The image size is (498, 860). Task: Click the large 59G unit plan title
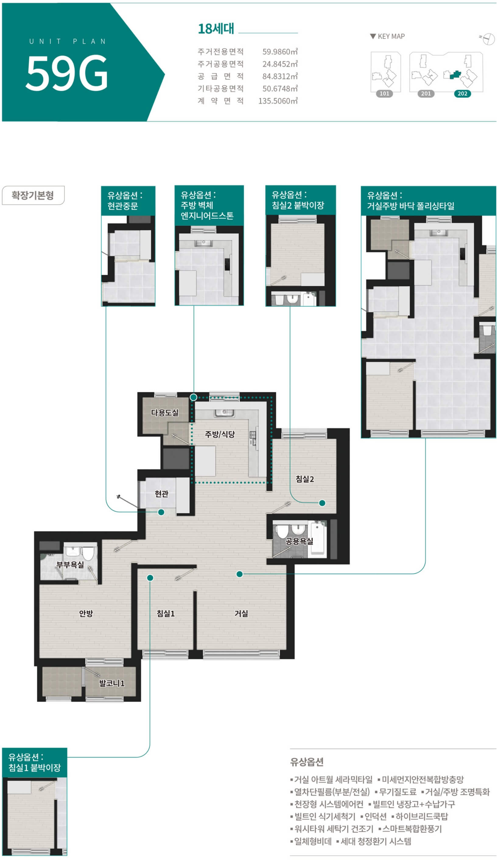[x=67, y=73]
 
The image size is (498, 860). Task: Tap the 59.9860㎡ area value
[x=280, y=51]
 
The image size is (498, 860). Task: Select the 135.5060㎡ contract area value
[x=278, y=101]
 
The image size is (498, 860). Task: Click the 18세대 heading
[x=216, y=29]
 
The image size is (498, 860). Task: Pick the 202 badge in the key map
[x=462, y=93]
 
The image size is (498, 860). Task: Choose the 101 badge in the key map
[x=384, y=93]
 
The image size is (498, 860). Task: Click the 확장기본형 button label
[x=33, y=195]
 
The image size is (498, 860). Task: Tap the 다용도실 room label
[x=165, y=412]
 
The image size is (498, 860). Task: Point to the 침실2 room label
[x=305, y=479]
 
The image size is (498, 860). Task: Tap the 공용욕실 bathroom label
[x=299, y=541]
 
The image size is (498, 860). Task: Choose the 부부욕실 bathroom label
[x=70, y=565]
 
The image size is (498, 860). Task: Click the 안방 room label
[x=86, y=613]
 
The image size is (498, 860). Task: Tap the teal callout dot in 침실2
[x=322, y=503]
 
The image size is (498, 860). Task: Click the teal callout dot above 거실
[x=240, y=574]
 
